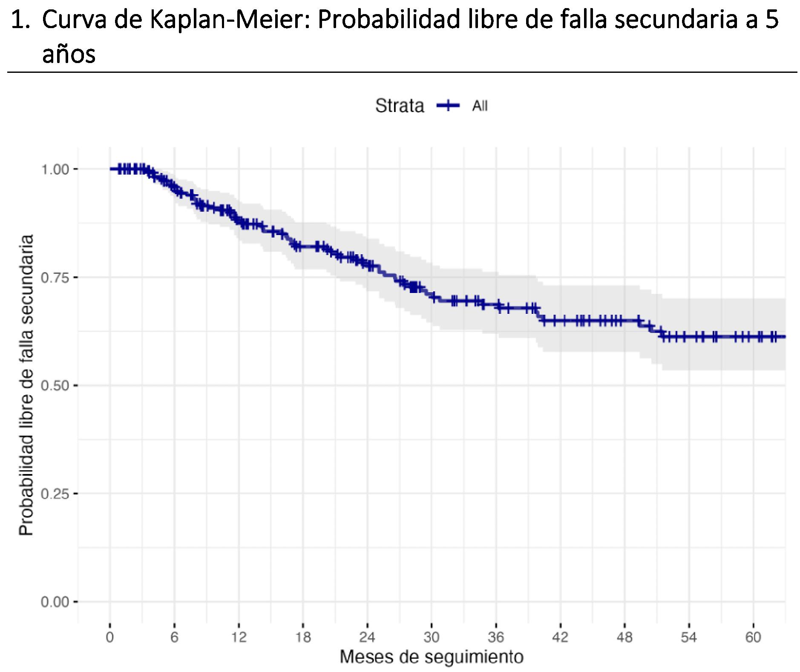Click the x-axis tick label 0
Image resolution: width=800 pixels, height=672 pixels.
pos(110,638)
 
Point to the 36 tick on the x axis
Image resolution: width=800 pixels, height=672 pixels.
pos(496,638)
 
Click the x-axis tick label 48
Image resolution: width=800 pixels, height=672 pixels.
pos(624,638)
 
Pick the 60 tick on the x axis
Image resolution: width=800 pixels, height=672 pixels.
pos(753,638)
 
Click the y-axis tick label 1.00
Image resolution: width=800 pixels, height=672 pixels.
pos(55,169)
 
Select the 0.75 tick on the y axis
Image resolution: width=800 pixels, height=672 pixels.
pos(55,277)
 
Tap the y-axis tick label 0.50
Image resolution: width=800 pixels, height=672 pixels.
pos(55,385)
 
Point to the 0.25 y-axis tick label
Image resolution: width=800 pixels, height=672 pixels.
pos(55,494)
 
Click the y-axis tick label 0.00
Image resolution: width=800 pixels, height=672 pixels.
pos(55,602)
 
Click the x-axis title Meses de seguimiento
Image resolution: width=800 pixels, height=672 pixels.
pos(431,657)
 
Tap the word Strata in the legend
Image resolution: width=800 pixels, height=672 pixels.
pos(399,106)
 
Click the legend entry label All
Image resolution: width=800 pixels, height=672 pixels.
pos(479,106)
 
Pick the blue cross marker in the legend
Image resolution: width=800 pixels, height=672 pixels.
pos(448,106)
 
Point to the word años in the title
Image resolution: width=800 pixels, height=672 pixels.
pos(69,54)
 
